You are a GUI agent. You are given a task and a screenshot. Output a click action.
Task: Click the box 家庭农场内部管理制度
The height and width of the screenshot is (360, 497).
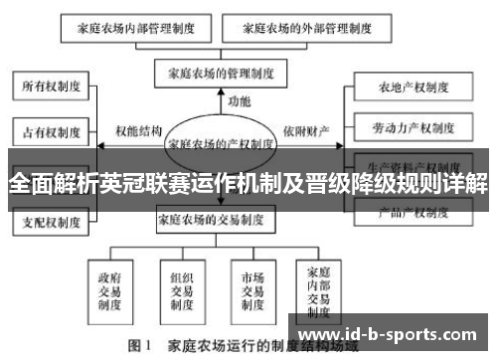[x=142, y=30]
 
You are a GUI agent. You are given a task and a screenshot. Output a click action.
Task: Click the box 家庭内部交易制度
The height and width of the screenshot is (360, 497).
[x=319, y=284]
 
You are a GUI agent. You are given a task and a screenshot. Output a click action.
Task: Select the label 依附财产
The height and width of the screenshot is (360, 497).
[x=306, y=130]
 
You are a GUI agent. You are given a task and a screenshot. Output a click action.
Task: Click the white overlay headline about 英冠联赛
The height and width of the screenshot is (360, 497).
[x=248, y=185]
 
